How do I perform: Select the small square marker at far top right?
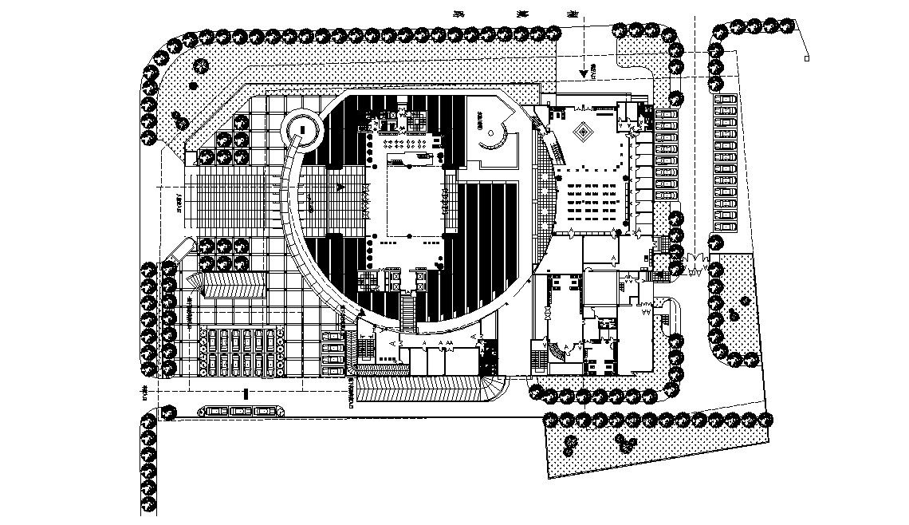(x=807, y=59)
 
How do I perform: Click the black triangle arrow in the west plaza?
(x=340, y=187)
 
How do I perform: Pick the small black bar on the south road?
(x=246, y=394)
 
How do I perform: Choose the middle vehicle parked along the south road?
(x=240, y=411)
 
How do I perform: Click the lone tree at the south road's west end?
(x=168, y=412)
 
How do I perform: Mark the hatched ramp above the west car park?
(x=232, y=284)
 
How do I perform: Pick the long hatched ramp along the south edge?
(x=427, y=390)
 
